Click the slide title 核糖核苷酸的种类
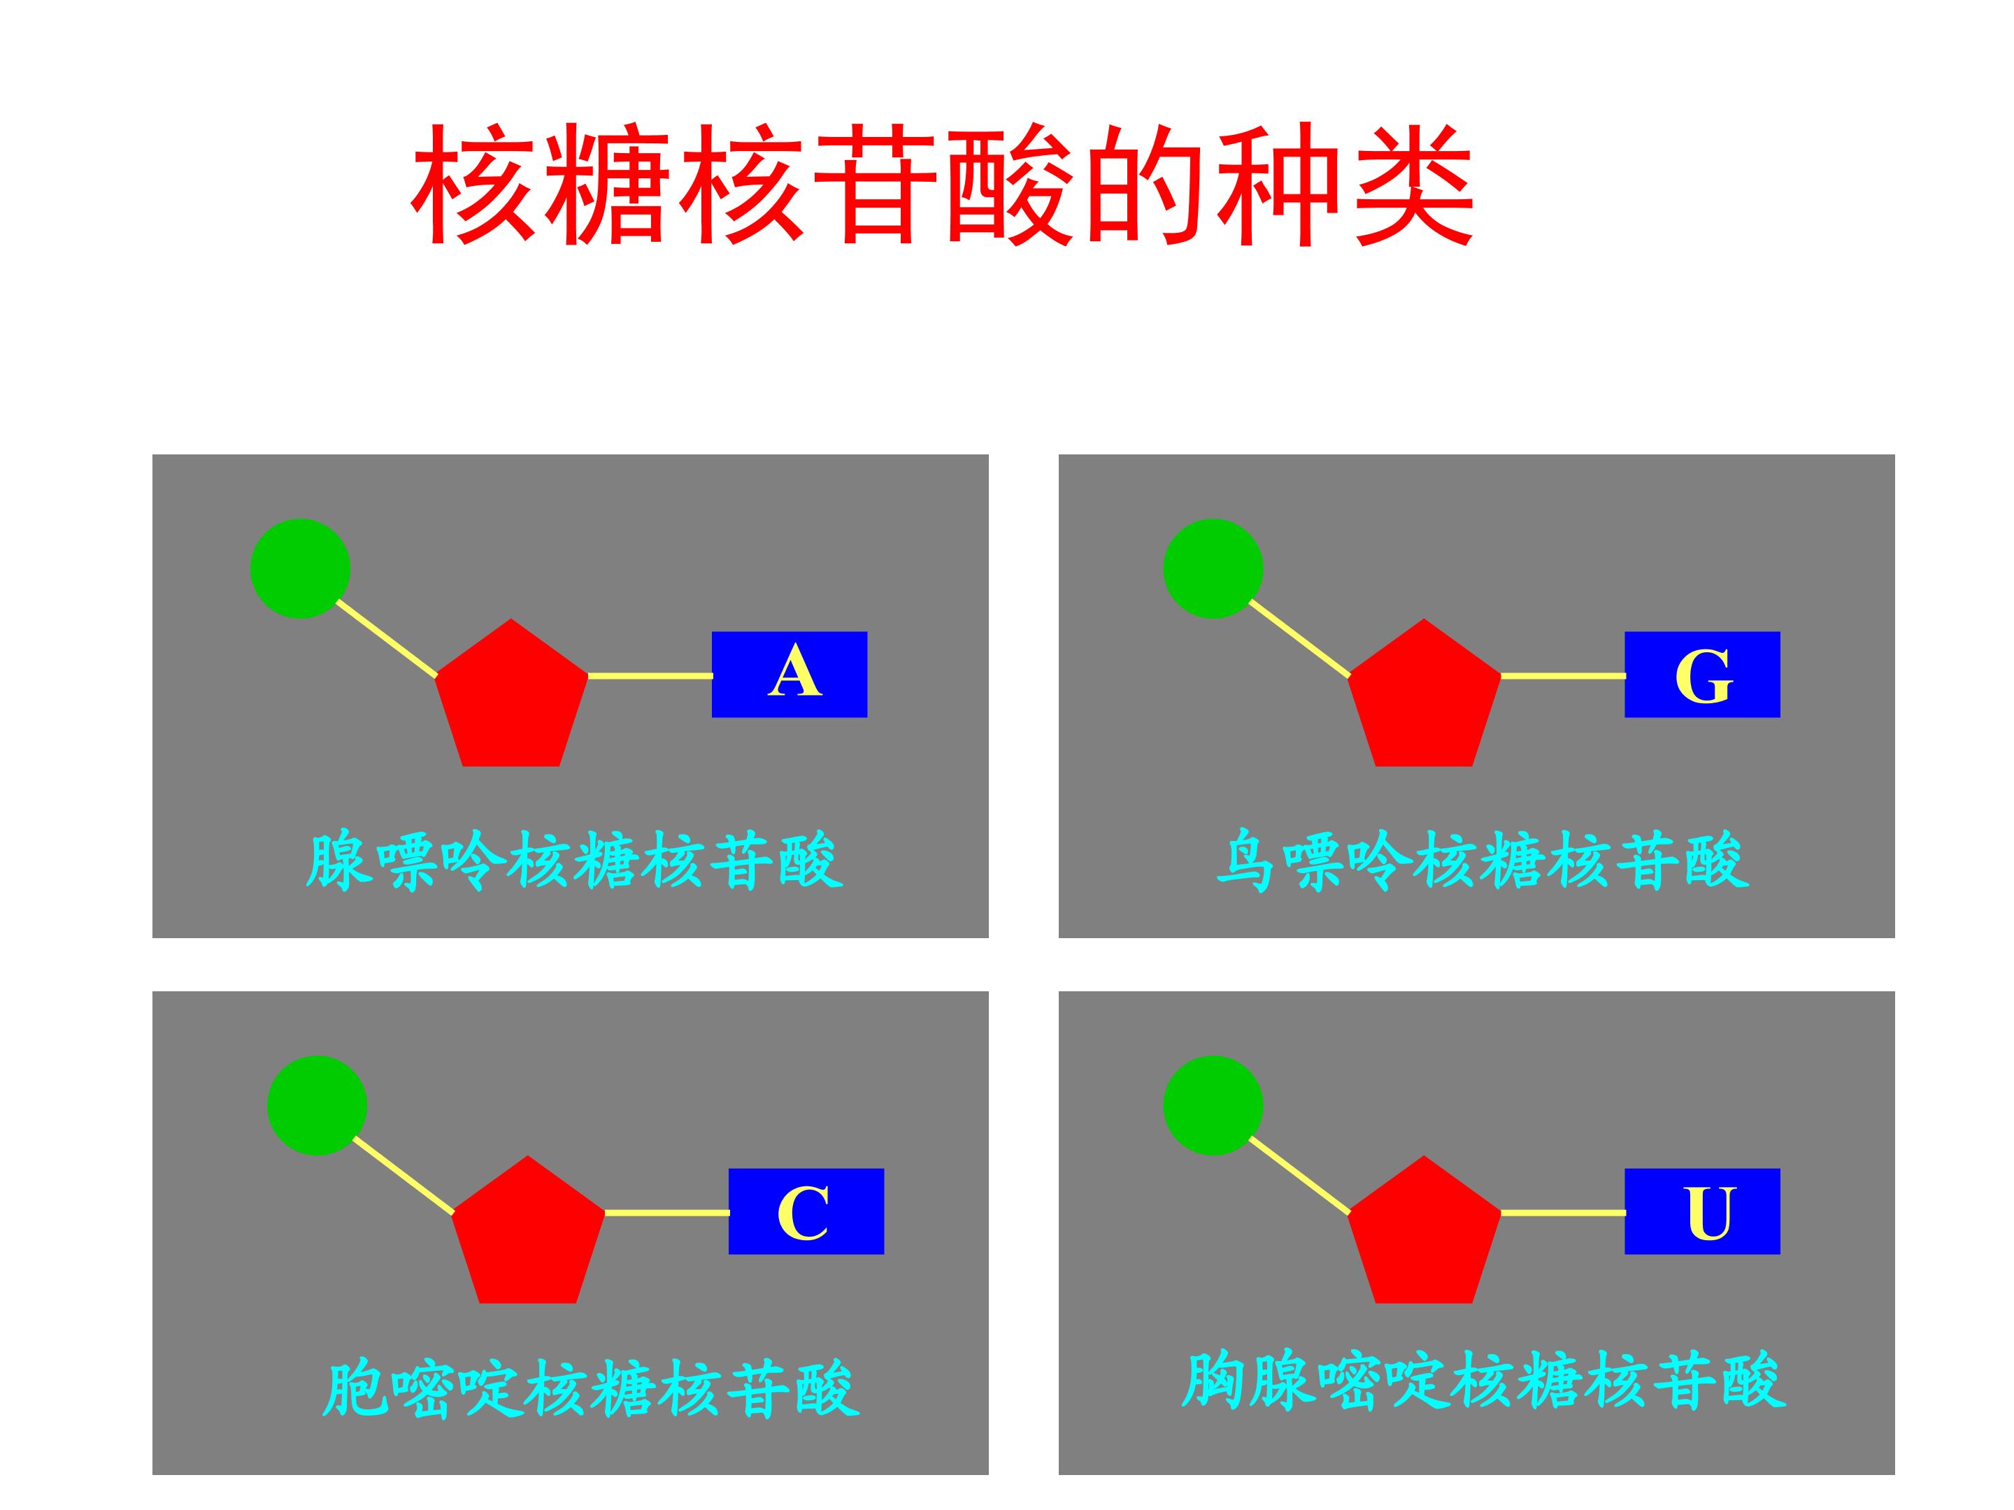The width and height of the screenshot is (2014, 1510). click(943, 185)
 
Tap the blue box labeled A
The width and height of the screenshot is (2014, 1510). click(790, 675)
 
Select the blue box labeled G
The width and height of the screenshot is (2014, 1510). click(1701, 675)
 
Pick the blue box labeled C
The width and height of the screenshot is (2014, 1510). click(806, 1211)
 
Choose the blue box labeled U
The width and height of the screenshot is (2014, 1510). click(1701, 1211)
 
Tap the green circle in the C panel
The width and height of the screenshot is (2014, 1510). click(317, 1106)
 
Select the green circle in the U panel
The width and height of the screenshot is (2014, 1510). click(1213, 1106)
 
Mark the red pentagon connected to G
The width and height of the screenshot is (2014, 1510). click(1424, 699)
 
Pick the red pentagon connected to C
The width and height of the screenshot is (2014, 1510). click(528, 1236)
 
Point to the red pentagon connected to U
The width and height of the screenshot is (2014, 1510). click(1424, 1236)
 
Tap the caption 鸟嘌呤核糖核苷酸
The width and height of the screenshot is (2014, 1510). click(1483, 860)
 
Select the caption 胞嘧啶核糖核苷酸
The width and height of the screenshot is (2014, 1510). click(591, 1389)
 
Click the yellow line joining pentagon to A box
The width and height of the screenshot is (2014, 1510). click(650, 676)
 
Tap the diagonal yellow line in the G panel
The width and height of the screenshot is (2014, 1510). click(1299, 639)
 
